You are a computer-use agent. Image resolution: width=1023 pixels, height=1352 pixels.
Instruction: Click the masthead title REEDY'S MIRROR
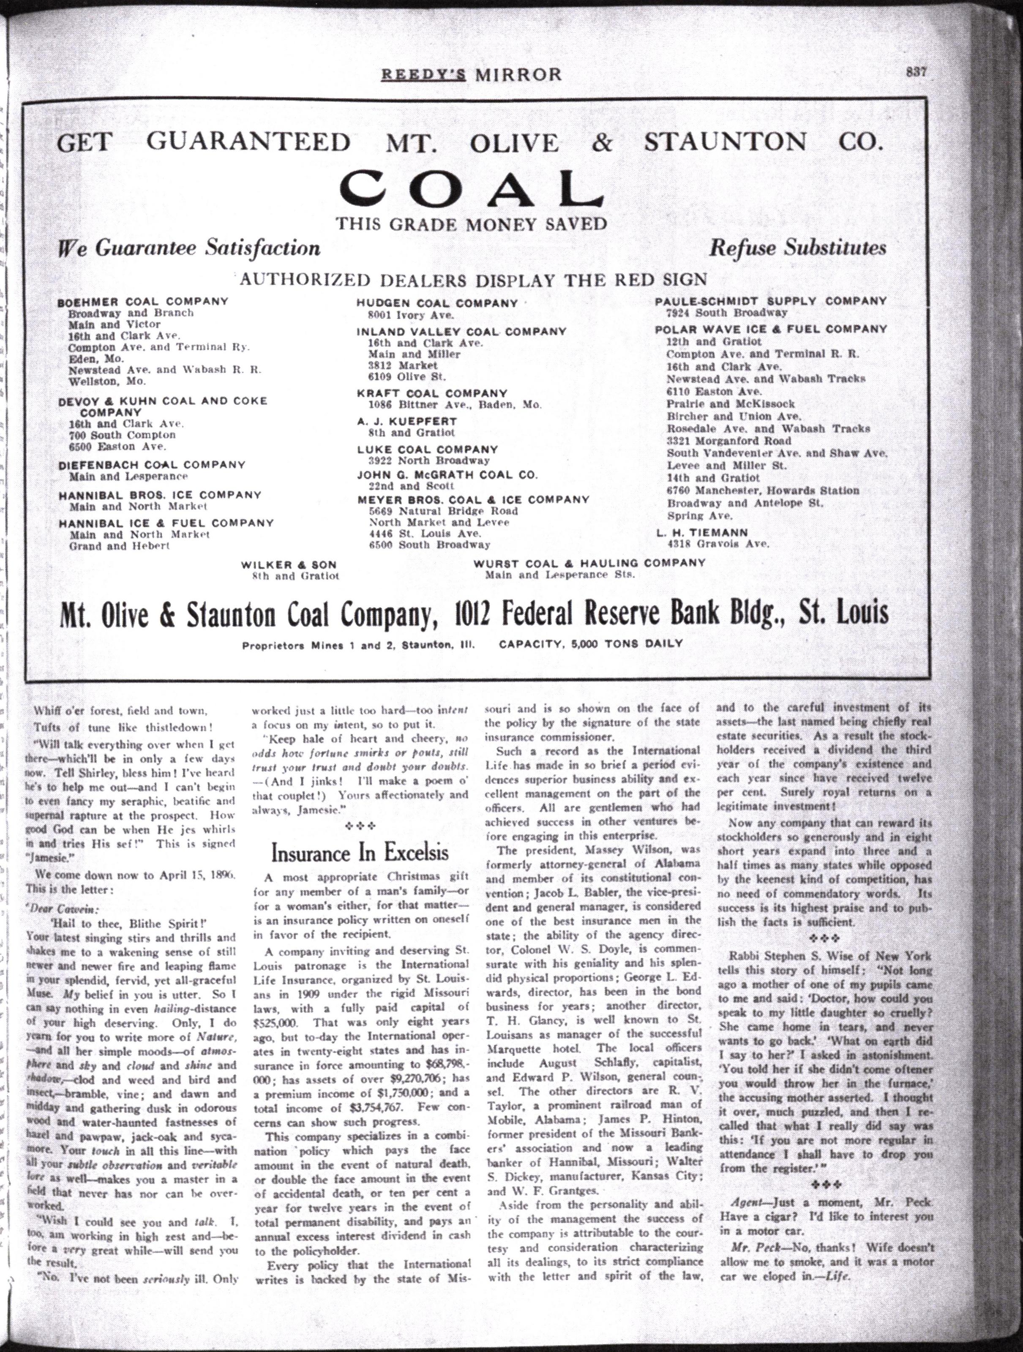click(471, 74)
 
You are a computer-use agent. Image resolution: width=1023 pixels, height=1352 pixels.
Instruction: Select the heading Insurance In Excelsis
click(360, 852)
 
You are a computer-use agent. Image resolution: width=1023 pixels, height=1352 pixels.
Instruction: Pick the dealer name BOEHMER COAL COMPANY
click(143, 301)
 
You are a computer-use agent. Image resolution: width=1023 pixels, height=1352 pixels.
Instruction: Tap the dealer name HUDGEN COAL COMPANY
click(437, 303)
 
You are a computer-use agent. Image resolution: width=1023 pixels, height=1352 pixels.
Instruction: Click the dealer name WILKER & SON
click(289, 565)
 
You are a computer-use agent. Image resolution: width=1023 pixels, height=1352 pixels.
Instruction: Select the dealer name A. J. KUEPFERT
click(407, 421)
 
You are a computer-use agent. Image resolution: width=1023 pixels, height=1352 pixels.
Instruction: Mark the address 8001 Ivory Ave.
click(411, 315)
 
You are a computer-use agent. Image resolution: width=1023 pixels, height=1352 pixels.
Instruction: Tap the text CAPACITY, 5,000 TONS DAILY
click(591, 643)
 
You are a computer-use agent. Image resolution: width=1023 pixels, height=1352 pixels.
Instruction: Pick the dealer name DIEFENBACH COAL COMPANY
click(152, 464)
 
